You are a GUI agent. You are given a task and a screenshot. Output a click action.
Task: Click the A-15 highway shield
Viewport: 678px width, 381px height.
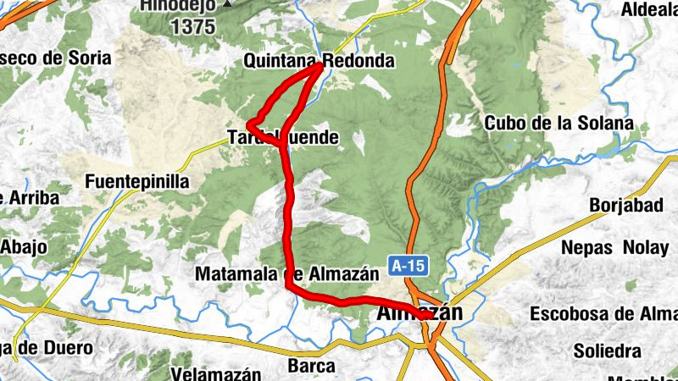[x=408, y=266]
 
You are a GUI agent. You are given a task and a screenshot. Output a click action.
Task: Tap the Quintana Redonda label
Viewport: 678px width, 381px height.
[x=319, y=61]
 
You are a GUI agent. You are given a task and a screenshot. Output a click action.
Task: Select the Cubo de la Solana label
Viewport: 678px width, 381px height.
[x=559, y=123]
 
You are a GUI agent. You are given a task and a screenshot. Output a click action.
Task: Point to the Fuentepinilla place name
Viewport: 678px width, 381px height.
[x=138, y=181]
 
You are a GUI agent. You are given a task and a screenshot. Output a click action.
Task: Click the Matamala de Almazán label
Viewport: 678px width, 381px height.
[x=286, y=274]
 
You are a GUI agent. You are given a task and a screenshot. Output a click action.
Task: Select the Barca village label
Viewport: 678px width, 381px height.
[x=312, y=366]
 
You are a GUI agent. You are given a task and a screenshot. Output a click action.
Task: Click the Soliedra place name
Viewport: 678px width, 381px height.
[x=607, y=350]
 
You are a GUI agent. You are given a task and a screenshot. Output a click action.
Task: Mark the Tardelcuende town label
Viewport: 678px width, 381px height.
[x=283, y=136]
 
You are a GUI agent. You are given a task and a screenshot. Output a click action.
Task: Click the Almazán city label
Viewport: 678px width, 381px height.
[x=419, y=313]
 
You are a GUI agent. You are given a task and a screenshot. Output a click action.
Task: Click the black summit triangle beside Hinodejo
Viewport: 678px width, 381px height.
[x=226, y=4]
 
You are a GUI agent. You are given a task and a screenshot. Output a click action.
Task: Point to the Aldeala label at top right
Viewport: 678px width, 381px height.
[x=649, y=9]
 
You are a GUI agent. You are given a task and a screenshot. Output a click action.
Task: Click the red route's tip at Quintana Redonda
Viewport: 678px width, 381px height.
[x=320, y=65]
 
